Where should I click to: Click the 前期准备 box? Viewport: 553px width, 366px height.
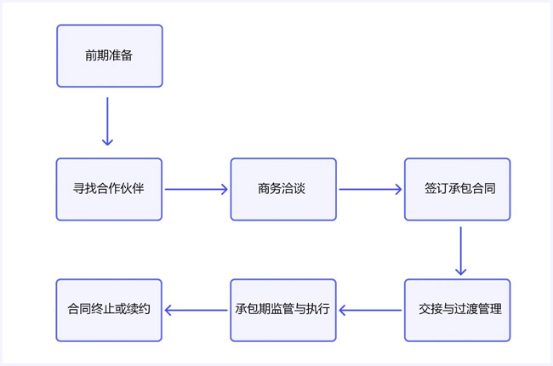click(x=109, y=56)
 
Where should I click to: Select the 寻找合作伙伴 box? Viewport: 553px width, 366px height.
click(x=109, y=189)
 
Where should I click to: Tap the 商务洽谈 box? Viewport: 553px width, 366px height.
click(x=283, y=189)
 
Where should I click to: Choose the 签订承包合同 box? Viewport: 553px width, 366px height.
click(x=457, y=189)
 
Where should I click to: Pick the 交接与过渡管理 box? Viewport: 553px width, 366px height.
click(x=457, y=310)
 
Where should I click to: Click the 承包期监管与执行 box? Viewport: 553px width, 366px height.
click(x=283, y=310)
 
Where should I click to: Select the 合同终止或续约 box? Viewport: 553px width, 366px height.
click(x=109, y=310)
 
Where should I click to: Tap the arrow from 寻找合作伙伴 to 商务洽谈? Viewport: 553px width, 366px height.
click(x=197, y=189)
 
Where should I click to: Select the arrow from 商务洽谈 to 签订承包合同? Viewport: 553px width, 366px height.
click(x=370, y=189)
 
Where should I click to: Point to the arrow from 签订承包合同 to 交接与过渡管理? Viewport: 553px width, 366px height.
click(x=460, y=250)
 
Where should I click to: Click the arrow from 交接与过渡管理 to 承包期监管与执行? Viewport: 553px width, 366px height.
click(x=370, y=310)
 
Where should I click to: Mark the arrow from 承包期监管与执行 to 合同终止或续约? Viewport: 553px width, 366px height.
click(x=197, y=310)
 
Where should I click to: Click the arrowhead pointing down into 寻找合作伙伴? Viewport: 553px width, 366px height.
click(x=107, y=141)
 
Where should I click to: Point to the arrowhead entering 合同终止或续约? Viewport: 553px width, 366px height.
click(x=168, y=310)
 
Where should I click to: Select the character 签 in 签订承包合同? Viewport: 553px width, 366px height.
click(x=430, y=189)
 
